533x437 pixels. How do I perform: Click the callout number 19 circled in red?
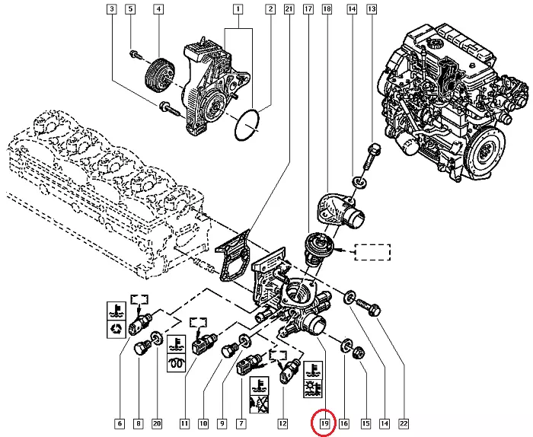(x=325, y=423)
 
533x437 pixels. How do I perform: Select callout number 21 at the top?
(x=288, y=10)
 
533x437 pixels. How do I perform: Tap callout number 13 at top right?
(x=372, y=10)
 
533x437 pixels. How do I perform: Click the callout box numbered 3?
(x=112, y=10)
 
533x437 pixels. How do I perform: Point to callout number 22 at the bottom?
(x=404, y=423)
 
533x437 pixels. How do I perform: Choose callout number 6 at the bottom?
(x=119, y=423)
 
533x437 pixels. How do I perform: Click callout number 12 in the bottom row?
(x=283, y=423)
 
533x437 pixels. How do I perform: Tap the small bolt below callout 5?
(x=133, y=54)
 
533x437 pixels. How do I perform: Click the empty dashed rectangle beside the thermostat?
(x=372, y=251)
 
